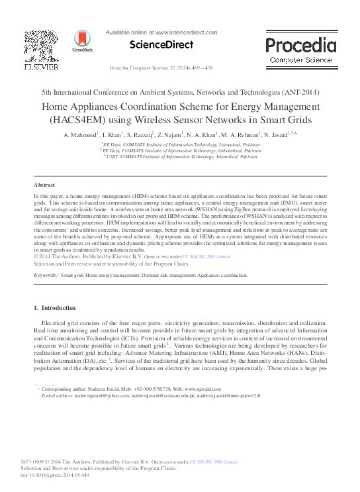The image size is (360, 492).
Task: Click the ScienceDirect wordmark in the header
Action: coord(161,45)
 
